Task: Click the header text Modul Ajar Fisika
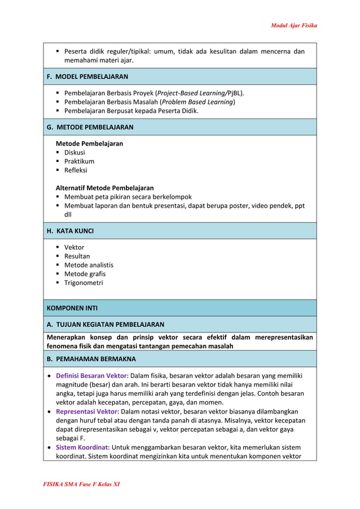[293, 25]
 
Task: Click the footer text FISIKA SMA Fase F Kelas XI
[82, 484]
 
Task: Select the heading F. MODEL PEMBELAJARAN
[87, 76]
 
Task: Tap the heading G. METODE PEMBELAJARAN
[90, 127]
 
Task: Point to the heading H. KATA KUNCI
[70, 231]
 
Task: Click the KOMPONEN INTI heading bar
[72, 308]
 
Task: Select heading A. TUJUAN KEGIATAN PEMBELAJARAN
[105, 324]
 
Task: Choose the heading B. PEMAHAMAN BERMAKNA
[91, 358]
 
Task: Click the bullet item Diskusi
[74, 152]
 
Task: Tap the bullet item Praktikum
[79, 161]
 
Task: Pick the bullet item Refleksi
[76, 170]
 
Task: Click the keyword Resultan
[77, 256]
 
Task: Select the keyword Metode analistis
[89, 265]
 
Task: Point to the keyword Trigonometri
[84, 283]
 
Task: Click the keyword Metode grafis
[85, 274]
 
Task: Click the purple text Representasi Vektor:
[87, 411]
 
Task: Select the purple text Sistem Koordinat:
[82, 447]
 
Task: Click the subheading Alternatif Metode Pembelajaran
[104, 188]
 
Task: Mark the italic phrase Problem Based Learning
[197, 102]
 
